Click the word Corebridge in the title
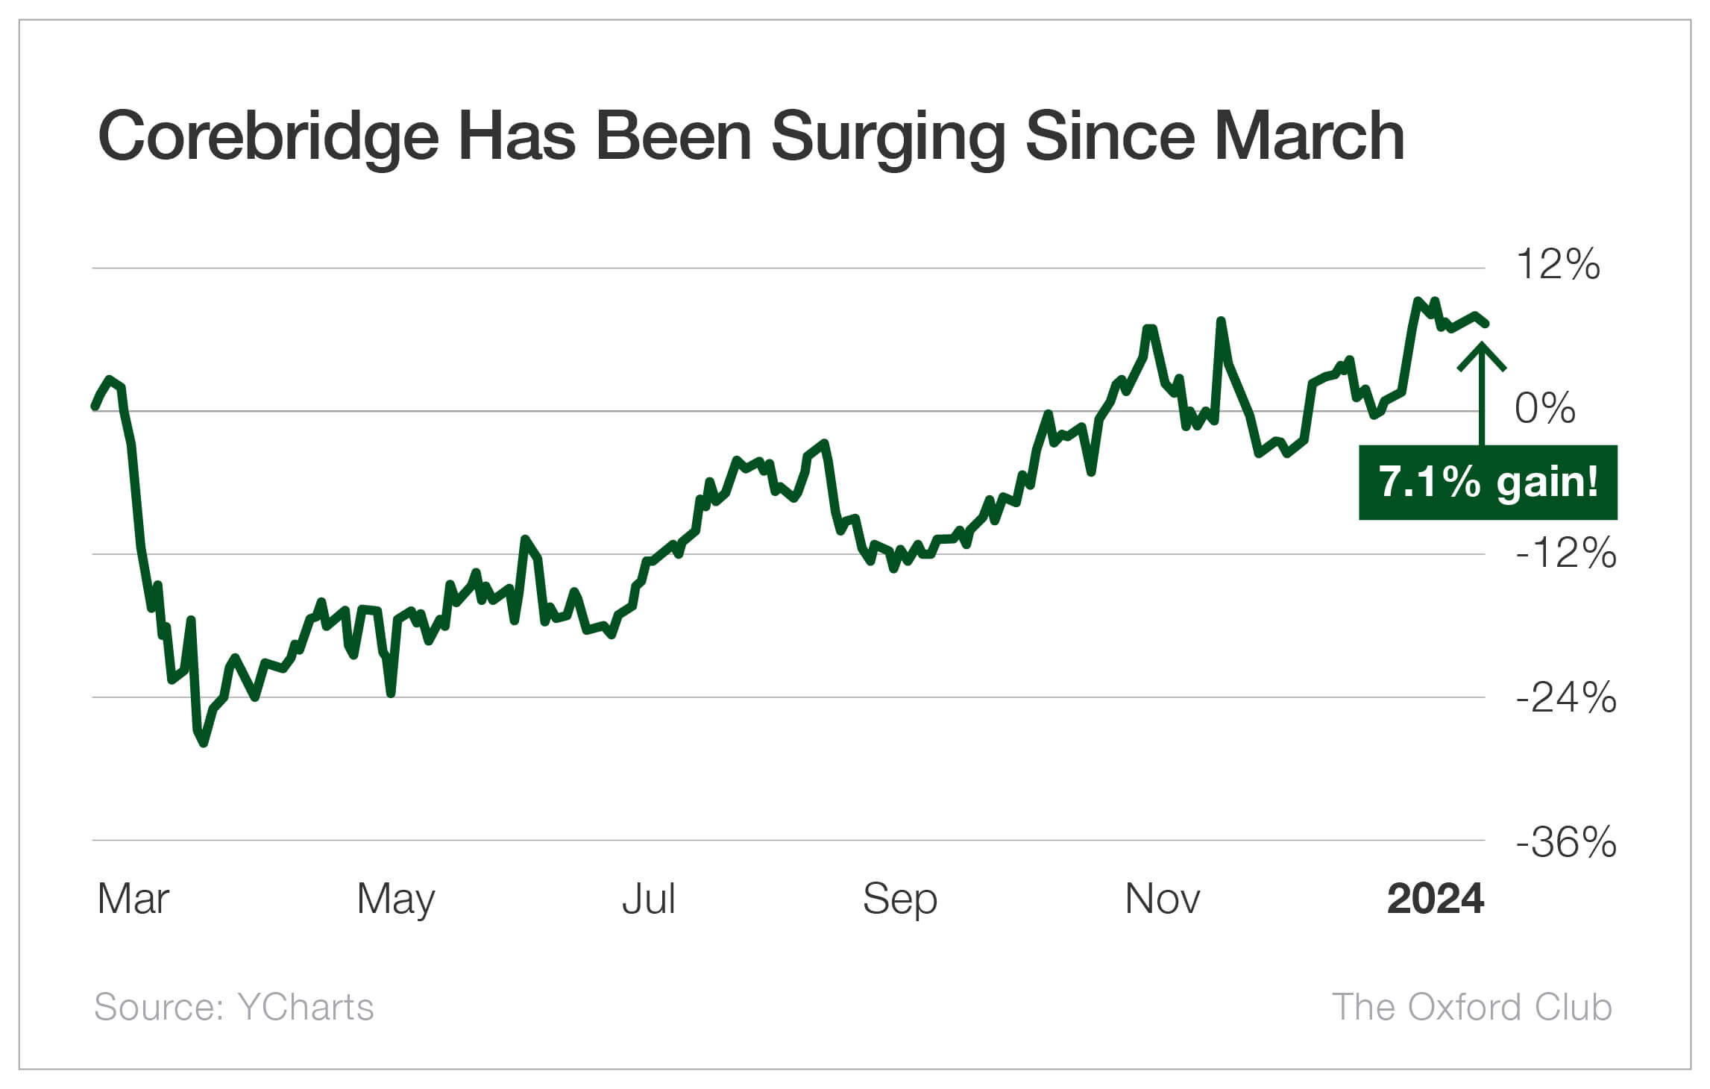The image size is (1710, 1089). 268,136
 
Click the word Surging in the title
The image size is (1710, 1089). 889,136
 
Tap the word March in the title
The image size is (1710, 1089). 1310,136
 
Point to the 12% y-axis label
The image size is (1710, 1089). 1557,264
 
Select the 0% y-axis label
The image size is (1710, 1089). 1545,408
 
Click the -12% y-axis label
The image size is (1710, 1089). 1565,553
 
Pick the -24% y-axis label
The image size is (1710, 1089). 1565,697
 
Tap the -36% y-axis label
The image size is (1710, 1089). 1565,842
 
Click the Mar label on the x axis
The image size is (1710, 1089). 133,899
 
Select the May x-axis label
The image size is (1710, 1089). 395,899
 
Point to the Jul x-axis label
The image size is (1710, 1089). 648,899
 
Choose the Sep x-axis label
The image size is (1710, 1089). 899,899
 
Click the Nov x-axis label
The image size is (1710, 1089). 1162,899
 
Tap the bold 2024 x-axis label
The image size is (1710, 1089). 1435,899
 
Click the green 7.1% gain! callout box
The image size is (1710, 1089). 1488,482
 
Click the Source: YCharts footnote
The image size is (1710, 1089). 233,1007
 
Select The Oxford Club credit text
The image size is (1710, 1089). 1471,1007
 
